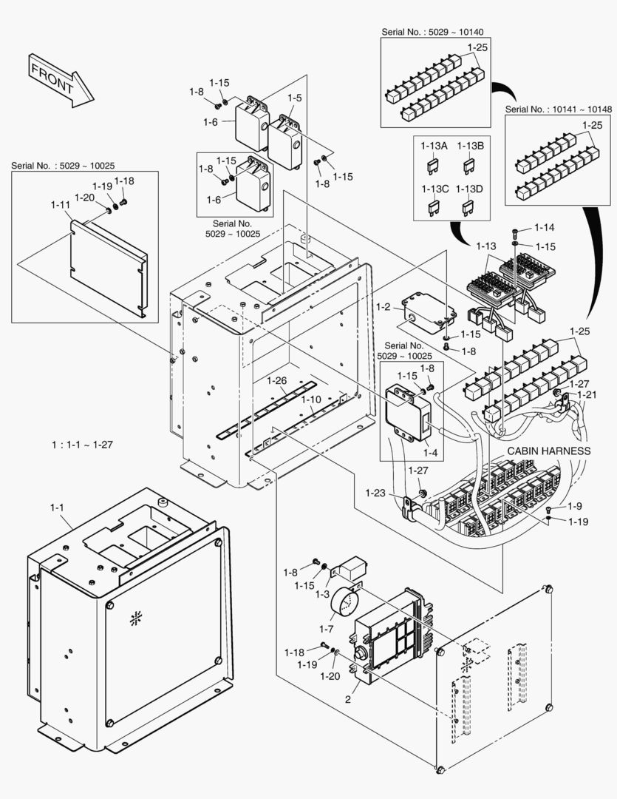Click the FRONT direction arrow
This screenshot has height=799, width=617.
pos(60,79)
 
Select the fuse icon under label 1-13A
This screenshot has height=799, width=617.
pos(434,165)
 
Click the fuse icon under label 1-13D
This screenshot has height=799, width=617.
pos(467,206)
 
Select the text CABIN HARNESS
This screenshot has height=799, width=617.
pos(548,451)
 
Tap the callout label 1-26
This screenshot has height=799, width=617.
pos(276,381)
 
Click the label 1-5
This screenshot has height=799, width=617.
pos(295,98)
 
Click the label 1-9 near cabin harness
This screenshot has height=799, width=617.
pos(575,507)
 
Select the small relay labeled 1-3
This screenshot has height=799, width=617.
pos(350,570)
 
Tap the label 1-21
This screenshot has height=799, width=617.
pos(587,394)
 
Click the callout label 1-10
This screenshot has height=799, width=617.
pos(310,399)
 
